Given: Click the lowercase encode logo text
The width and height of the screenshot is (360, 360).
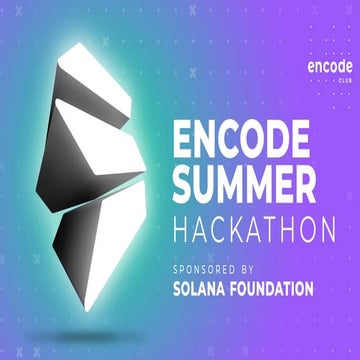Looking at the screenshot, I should pos(323,66).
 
